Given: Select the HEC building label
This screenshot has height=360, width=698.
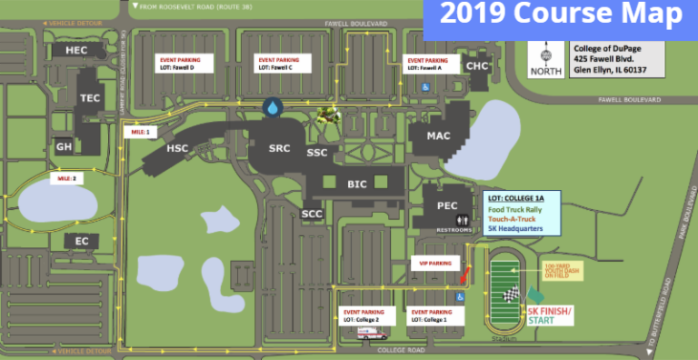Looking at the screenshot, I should click(x=76, y=51).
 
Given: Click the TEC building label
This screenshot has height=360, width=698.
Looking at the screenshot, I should click(x=90, y=97).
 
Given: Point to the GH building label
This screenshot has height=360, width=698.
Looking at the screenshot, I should click(x=64, y=146).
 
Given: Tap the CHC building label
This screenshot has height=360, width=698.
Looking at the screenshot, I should click(x=477, y=66).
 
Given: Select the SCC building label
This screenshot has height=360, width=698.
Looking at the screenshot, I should click(x=312, y=214).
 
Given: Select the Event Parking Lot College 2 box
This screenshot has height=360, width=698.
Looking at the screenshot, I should click(x=366, y=315).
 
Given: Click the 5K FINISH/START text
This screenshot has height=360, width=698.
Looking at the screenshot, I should click(x=553, y=315).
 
